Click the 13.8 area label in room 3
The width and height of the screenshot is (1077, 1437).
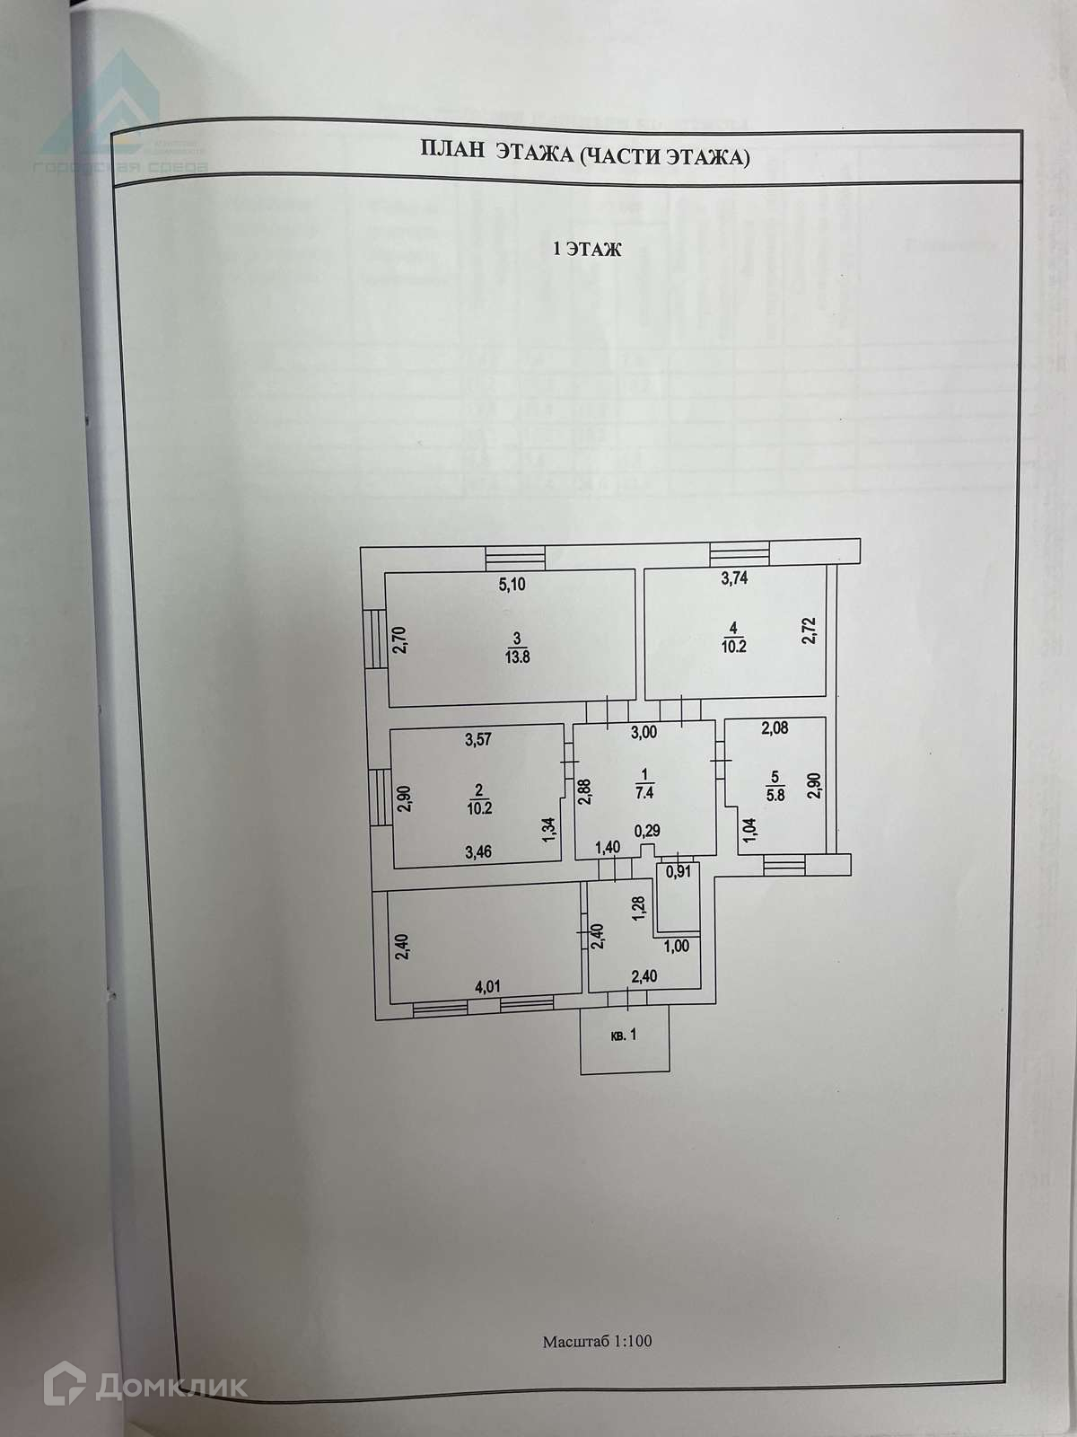pyautogui.click(x=516, y=656)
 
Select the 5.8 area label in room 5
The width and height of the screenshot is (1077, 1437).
pyautogui.click(x=775, y=794)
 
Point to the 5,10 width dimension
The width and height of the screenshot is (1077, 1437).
pyautogui.click(x=512, y=585)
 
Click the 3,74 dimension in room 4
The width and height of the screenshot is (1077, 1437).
pyautogui.click(x=734, y=578)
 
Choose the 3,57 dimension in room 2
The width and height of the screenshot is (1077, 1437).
pyautogui.click(x=478, y=741)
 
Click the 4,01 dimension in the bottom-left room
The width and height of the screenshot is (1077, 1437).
pyautogui.click(x=486, y=987)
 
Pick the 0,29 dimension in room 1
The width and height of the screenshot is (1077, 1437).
pyautogui.click(x=647, y=831)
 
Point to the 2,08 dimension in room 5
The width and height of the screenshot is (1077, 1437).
pyautogui.click(x=774, y=728)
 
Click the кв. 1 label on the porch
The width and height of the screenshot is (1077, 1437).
pyautogui.click(x=624, y=1036)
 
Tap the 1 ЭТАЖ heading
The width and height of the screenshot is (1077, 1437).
pyautogui.click(x=586, y=251)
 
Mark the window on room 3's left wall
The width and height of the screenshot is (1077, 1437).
pyautogui.click(x=373, y=638)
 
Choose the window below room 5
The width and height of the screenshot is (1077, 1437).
pyautogui.click(x=785, y=865)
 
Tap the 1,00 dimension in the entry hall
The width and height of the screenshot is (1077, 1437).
pyautogui.click(x=676, y=945)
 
